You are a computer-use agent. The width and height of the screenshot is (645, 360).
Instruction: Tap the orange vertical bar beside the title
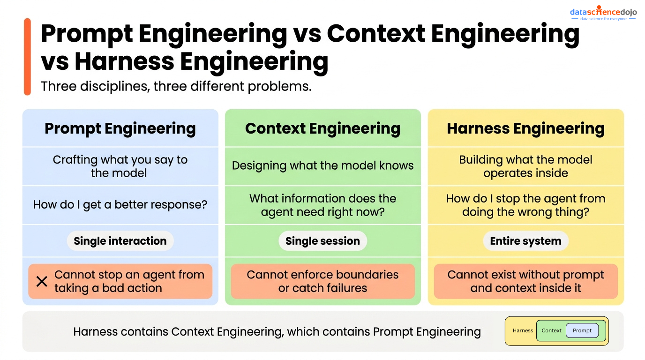pos(27,57)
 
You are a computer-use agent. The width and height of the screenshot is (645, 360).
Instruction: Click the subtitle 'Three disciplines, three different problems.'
pos(176,86)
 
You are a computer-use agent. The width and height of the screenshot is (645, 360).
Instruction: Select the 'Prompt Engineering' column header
pos(120,128)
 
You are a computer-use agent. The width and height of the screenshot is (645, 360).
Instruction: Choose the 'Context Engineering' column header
pos(322,128)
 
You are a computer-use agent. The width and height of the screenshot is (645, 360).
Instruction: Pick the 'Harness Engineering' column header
pos(525,128)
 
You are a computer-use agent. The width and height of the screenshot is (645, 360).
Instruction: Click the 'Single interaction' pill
pos(120,241)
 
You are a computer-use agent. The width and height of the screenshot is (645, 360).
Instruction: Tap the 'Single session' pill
pos(322,241)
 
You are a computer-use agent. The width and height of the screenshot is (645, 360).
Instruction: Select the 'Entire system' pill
pos(525,241)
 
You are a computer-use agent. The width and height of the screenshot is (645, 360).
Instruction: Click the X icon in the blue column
pos(42,281)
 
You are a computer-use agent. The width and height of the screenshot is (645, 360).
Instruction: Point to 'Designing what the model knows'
pos(322,165)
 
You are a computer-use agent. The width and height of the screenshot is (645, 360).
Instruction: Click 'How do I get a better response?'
pos(120,205)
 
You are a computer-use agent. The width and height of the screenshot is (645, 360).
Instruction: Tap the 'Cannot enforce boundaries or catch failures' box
pos(322,281)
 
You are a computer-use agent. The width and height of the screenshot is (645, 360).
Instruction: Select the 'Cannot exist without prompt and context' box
pos(525,281)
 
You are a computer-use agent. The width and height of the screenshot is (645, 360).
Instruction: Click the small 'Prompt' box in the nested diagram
pos(582,330)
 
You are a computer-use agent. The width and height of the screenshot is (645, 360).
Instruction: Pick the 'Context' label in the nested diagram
pos(551,330)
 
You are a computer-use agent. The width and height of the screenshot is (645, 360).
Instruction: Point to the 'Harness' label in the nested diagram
pos(523,330)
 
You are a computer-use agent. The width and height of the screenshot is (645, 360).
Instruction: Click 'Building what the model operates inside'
pos(525,166)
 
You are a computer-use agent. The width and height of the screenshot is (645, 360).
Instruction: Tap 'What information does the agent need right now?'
pos(322,205)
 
